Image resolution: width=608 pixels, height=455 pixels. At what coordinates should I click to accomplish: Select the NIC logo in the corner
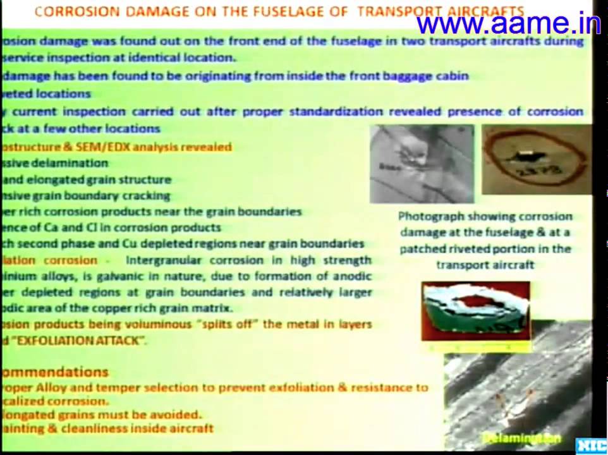[591, 446]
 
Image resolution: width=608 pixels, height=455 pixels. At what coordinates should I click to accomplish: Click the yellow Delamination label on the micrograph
[521, 437]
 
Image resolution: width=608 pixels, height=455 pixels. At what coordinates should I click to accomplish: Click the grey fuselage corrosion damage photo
[422, 163]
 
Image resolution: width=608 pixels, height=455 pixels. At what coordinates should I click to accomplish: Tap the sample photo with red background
[476, 312]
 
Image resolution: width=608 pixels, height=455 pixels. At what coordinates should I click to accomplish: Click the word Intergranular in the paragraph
[166, 260]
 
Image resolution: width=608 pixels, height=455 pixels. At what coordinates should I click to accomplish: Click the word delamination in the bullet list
[70, 163]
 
